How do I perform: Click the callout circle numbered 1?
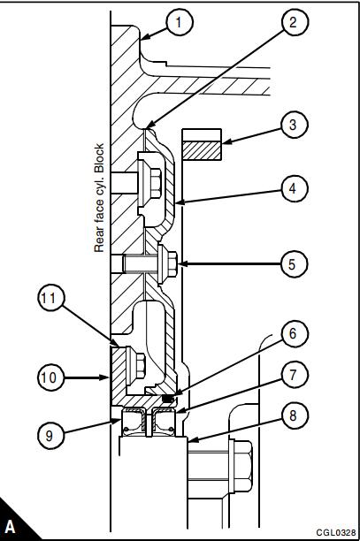click(x=180, y=22)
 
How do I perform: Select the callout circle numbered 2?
click(x=294, y=22)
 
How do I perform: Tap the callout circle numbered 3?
click(x=294, y=125)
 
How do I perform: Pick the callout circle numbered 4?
click(x=294, y=188)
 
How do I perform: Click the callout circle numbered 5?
click(x=293, y=264)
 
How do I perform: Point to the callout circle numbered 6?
click(x=294, y=333)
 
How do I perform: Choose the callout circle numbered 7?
click(x=294, y=374)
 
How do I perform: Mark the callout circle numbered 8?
click(x=294, y=415)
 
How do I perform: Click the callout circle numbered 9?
click(x=50, y=436)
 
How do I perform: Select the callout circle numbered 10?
click(x=50, y=377)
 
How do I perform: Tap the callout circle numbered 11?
click(x=50, y=298)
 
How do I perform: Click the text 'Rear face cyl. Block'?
click(x=99, y=198)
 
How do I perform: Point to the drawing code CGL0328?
click(x=336, y=532)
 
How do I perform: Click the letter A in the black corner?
click(x=11, y=527)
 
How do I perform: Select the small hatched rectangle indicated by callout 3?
click(x=202, y=151)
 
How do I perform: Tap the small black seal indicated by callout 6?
click(x=168, y=399)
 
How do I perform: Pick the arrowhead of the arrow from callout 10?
click(x=105, y=377)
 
